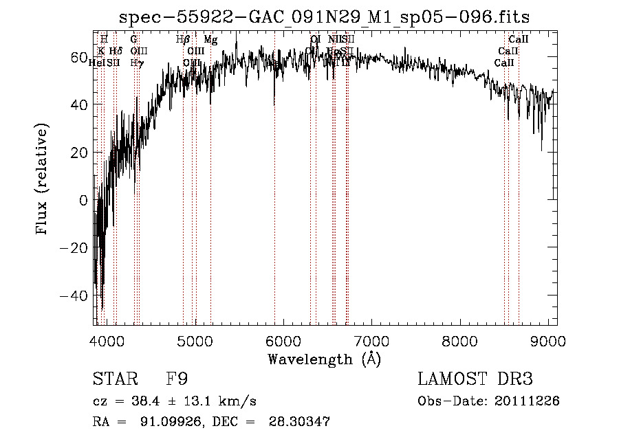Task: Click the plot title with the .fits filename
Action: point(324,16)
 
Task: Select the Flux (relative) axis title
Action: point(43,180)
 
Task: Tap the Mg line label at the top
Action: point(210,41)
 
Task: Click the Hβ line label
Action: point(183,40)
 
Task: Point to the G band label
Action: point(134,40)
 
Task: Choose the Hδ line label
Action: point(116,52)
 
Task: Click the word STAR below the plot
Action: point(114,379)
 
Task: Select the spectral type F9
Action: point(177,379)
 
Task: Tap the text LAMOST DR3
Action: point(475,379)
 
